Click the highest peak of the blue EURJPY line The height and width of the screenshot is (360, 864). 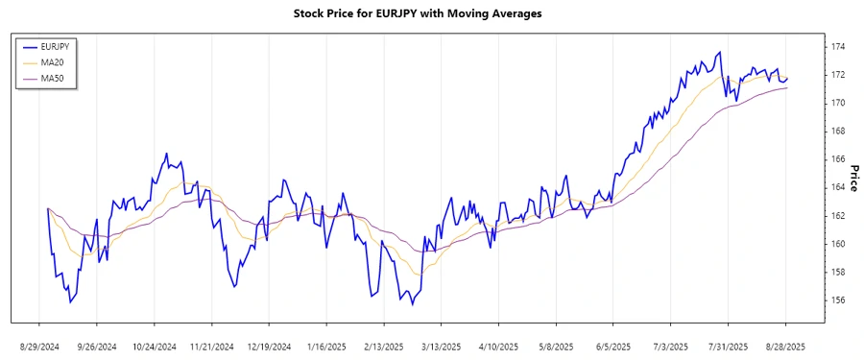[x=720, y=52]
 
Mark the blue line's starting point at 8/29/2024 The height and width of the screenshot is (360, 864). [x=47, y=208]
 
